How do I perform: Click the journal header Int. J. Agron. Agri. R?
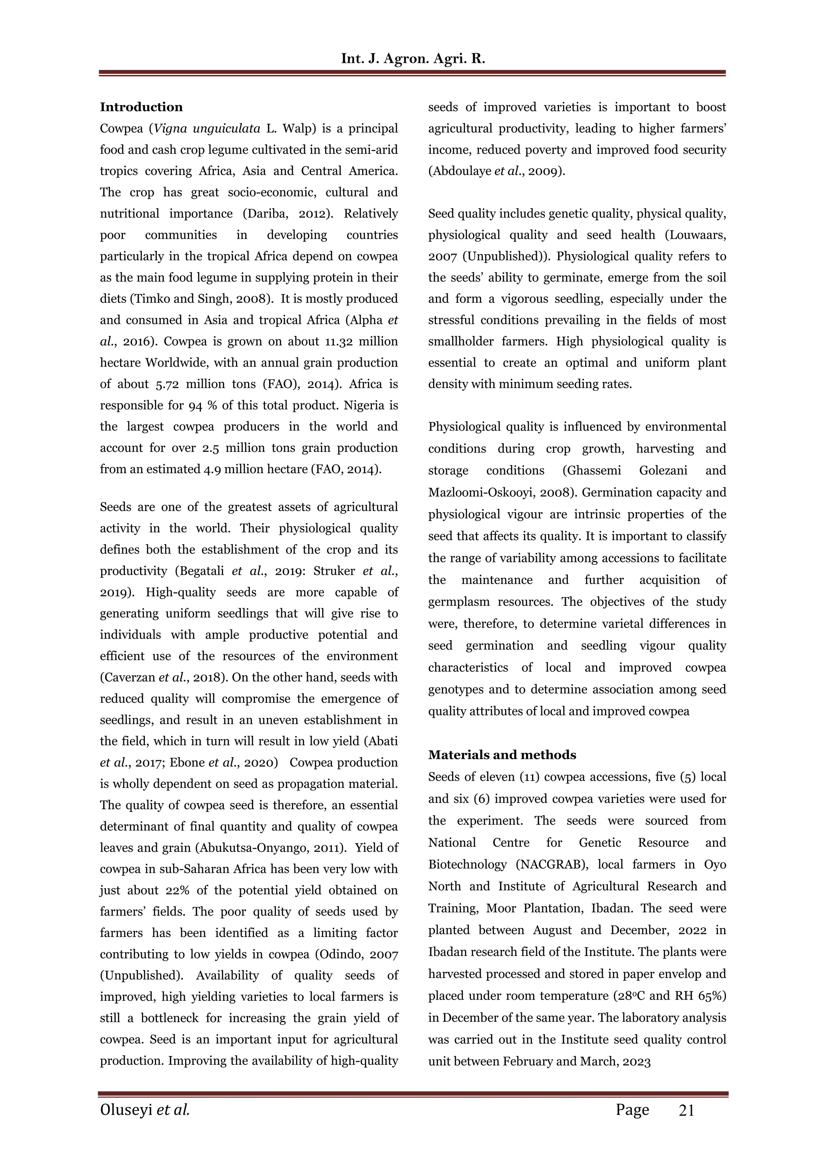[x=413, y=58]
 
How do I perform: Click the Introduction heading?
[x=141, y=107]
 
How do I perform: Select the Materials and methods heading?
[x=502, y=755]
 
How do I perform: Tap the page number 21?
[x=686, y=1110]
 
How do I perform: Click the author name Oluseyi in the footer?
[x=126, y=1110]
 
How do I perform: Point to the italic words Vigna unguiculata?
[x=207, y=128]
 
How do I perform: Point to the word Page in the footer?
[x=632, y=1110]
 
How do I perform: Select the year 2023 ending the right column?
[x=636, y=1062]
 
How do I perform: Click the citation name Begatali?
[x=202, y=571]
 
